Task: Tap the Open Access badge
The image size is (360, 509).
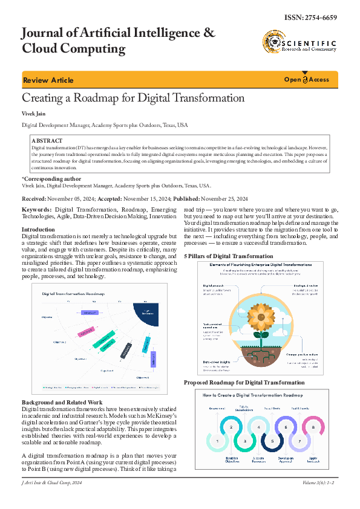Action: click(x=307, y=80)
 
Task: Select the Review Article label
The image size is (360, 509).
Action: click(x=48, y=80)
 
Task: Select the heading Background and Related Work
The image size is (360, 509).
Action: click(x=62, y=402)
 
